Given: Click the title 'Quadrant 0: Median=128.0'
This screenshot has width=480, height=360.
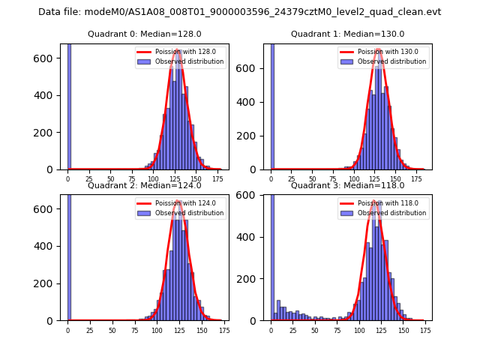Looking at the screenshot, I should click(x=145, y=34).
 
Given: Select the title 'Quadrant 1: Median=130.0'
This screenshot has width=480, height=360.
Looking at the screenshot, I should click(x=347, y=34).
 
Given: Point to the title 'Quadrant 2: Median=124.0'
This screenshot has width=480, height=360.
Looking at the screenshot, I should click(x=145, y=185).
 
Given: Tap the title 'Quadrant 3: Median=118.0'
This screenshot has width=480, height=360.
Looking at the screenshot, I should click(x=347, y=185).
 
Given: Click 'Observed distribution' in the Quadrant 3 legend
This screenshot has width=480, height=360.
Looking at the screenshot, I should click(x=394, y=213).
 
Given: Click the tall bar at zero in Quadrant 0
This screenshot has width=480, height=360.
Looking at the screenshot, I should click(x=69, y=105).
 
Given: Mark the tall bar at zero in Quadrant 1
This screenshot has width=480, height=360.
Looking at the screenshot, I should click(x=272, y=105).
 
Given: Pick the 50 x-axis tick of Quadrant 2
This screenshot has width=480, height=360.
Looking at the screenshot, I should click(x=112, y=330).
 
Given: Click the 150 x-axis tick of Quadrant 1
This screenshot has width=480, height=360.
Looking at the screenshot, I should click(x=395, y=179).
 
